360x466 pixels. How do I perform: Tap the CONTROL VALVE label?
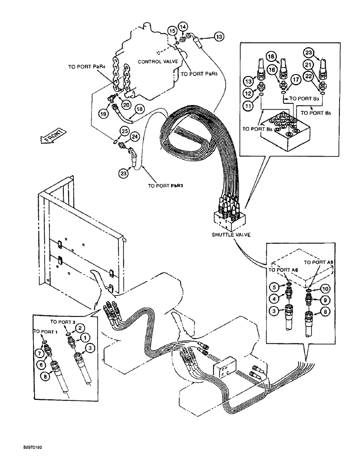(156, 61)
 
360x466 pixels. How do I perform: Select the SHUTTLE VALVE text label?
(230, 234)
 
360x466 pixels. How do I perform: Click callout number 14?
(183, 27)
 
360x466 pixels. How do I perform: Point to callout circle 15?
(172, 31)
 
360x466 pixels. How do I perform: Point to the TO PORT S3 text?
(304, 99)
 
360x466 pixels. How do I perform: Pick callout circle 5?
(276, 287)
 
